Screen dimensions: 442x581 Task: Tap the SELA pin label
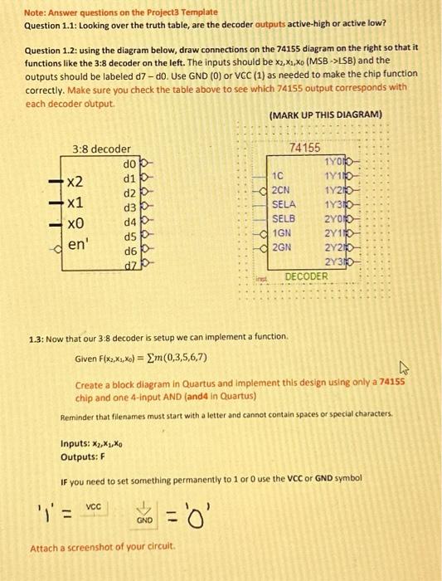[284, 203]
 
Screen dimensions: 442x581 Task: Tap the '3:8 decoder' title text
[101, 149]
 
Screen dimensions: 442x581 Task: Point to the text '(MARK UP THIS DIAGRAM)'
[325, 114]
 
